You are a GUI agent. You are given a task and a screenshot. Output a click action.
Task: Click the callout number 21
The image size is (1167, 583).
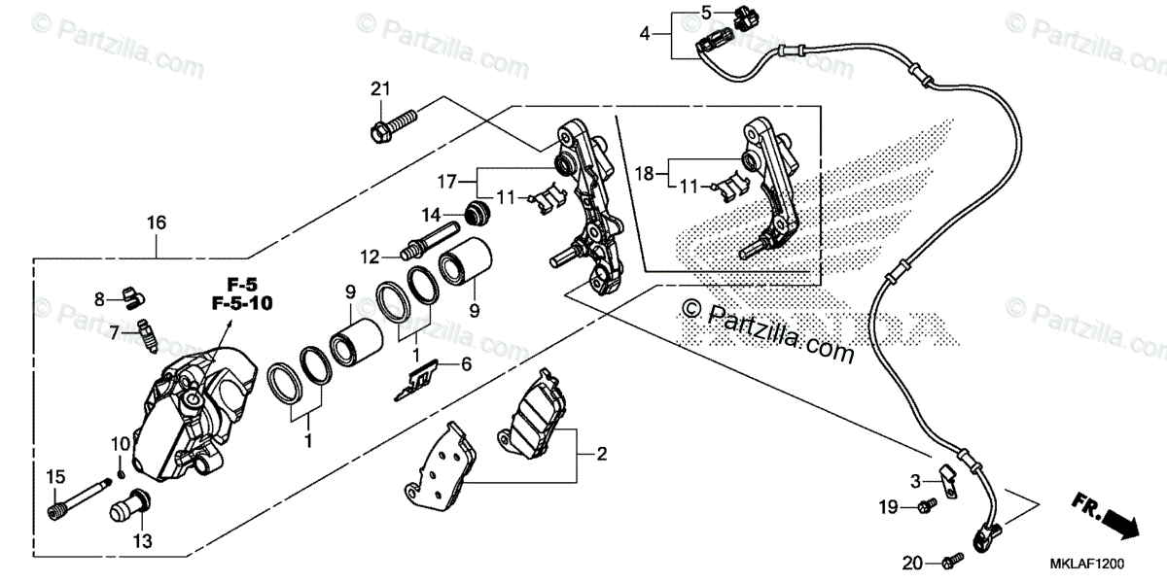[379, 90]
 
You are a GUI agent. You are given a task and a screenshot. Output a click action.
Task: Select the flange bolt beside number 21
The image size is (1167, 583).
[393, 125]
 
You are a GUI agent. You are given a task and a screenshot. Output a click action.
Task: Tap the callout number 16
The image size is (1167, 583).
[157, 223]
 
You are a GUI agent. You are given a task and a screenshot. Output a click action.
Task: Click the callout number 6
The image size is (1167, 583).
[465, 364]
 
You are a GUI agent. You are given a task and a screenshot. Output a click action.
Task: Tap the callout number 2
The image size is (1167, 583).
[601, 454]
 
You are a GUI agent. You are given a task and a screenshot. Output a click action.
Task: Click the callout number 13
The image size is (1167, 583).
[142, 540]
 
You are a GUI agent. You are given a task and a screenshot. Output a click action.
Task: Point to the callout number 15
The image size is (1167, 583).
[54, 476]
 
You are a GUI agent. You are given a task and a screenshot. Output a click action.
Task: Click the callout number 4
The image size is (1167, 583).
[645, 33]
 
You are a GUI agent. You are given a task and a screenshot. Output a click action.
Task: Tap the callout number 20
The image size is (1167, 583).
[911, 562]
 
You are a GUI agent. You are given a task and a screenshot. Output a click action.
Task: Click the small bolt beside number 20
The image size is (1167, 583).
[950, 560]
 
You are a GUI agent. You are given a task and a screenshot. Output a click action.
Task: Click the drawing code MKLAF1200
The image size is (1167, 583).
[1086, 563]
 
